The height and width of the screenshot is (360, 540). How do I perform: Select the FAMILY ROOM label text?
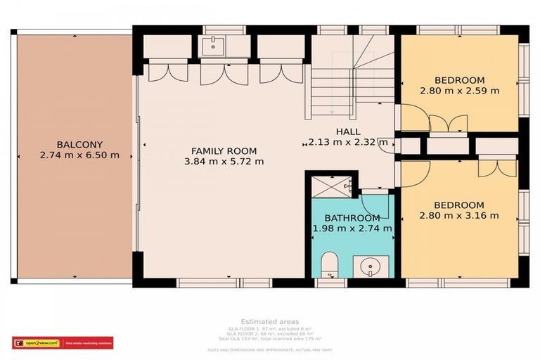[x=224, y=150]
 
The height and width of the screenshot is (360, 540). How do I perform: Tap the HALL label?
[x=348, y=131]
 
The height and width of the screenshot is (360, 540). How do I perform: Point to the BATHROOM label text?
[x=352, y=218]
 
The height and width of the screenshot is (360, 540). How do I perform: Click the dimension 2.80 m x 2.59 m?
[x=459, y=91]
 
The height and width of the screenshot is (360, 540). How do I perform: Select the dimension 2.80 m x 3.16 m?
[x=459, y=215]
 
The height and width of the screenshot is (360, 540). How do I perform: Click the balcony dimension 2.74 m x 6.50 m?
[x=79, y=155]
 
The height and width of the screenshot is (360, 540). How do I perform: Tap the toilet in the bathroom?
[x=330, y=265]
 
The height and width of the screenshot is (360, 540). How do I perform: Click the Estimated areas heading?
[x=269, y=322]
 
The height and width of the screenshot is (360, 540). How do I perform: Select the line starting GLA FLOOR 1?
[x=269, y=329]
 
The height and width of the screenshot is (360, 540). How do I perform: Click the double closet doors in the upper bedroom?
[x=448, y=123]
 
